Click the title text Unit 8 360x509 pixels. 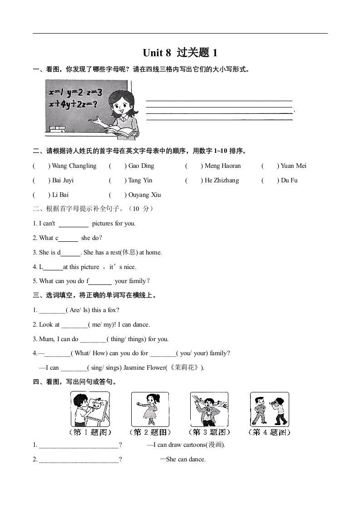click(157, 53)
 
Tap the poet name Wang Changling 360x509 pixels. click(74, 166)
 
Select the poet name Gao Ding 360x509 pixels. click(141, 166)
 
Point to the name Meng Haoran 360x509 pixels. click(223, 166)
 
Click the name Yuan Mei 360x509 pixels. click(294, 166)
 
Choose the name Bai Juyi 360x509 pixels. click(63, 181)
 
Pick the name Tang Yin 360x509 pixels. click(140, 181)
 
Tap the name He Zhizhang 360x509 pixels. click(222, 181)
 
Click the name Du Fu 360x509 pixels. click(289, 181)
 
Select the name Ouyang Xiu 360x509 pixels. click(145, 195)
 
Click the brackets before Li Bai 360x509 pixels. click(41, 195)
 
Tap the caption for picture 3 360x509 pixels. click(209, 432)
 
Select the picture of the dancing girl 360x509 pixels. click(150, 409)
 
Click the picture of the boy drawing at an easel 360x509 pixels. click(90, 409)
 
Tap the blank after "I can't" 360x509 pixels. click(74, 224)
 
